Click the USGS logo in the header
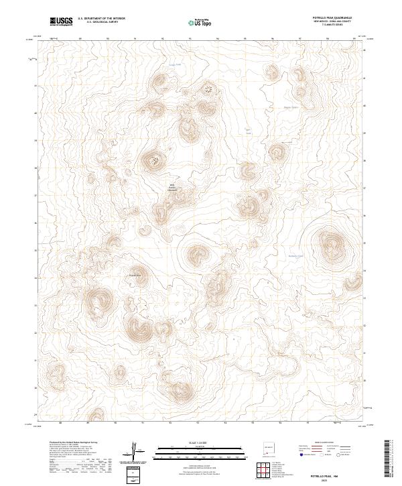pos(61,21)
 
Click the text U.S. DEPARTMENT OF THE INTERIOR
pos(101,19)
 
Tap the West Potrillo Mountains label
pos(172,188)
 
